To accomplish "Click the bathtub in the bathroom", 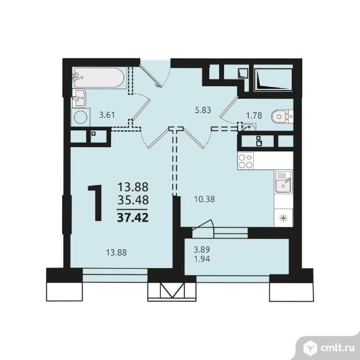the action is click(100, 78).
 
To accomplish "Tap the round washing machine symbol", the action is click(81, 117).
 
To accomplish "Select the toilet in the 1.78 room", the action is click(282, 117).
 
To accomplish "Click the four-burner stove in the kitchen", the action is click(245, 161).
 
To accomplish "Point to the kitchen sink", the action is click(284, 182).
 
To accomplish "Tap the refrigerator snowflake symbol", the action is click(284, 218).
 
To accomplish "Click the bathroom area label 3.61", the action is click(107, 115).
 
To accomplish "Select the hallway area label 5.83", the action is click(203, 110).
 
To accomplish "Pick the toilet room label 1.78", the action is click(254, 115).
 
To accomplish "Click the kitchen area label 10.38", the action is click(204, 199).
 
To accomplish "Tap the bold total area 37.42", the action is click(133, 217).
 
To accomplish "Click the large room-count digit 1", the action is click(96, 203).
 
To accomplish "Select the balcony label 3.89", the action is click(202, 249).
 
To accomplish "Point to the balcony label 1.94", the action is click(202, 259).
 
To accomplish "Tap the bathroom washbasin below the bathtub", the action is click(79, 98).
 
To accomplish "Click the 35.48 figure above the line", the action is click(133, 200).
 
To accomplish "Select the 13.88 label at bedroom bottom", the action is click(116, 253).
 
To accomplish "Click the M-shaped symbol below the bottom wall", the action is click(173, 290).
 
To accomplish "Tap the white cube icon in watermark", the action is click(310, 348).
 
